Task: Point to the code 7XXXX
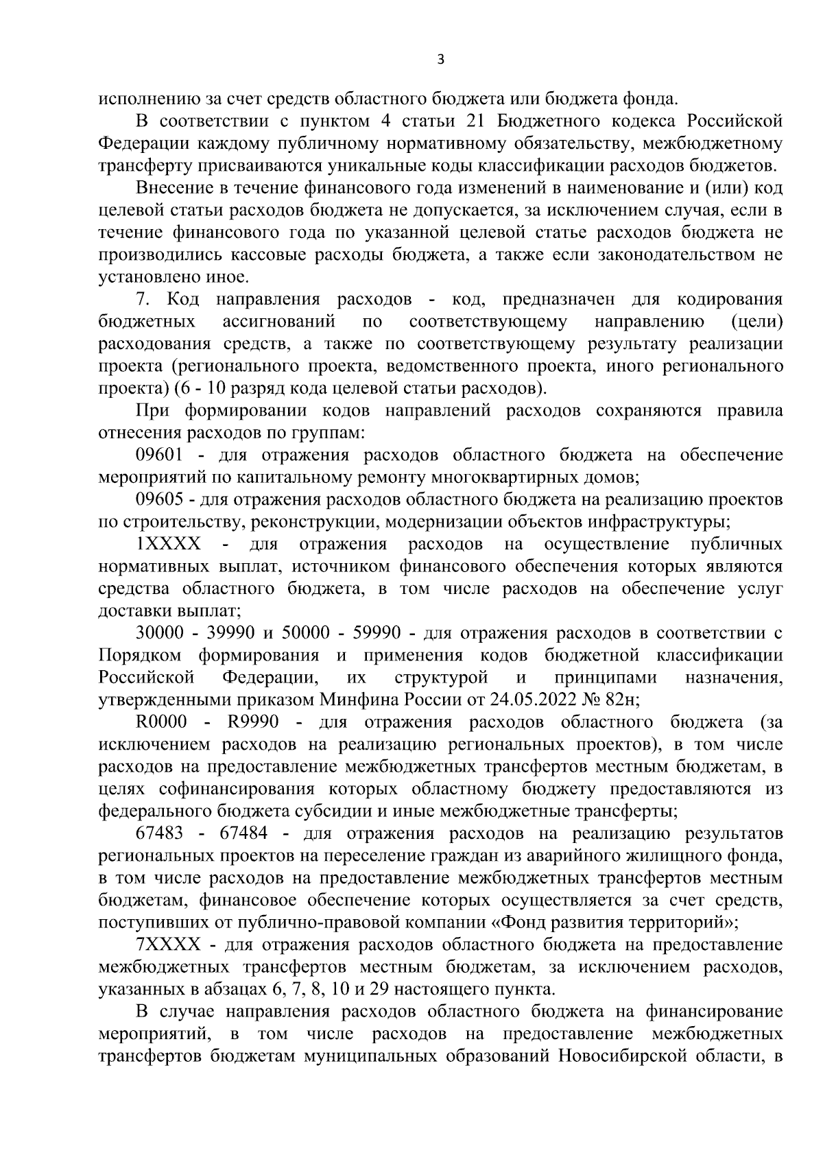[x=169, y=945]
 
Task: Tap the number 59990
[x=371, y=634]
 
